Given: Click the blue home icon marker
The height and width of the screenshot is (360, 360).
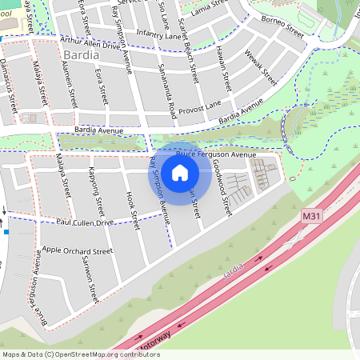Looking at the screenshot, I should click(180, 172).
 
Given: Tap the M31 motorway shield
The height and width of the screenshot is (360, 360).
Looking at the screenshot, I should click(312, 216).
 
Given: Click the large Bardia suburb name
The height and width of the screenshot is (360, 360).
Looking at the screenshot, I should click(79, 56).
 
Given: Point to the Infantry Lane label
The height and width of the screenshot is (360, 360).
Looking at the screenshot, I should click(160, 34).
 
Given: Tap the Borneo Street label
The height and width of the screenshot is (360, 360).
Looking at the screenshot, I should click(283, 29).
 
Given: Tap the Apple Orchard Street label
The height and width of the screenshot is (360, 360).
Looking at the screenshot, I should click(78, 250).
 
